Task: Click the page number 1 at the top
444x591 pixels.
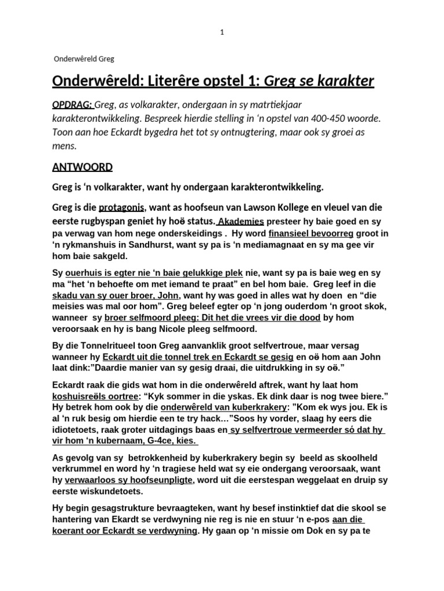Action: [x=222, y=32]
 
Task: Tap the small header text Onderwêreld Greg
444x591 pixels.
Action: [x=84, y=59]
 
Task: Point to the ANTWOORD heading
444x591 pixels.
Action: [x=83, y=167]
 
